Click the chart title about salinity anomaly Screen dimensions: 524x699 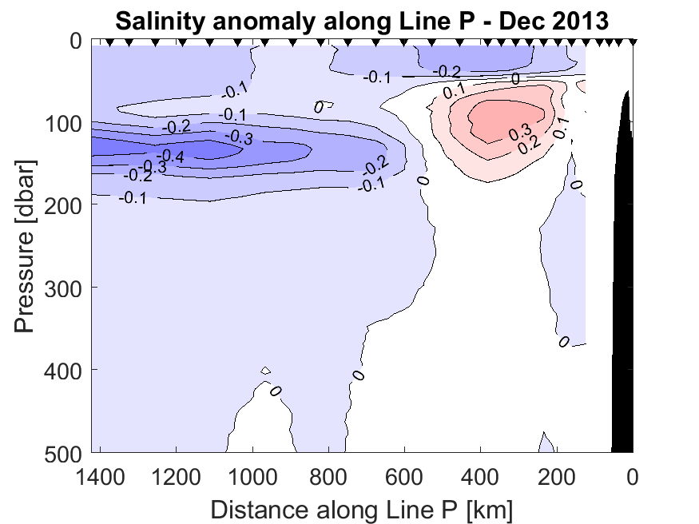coord(362,21)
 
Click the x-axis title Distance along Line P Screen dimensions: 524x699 coord(362,507)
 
